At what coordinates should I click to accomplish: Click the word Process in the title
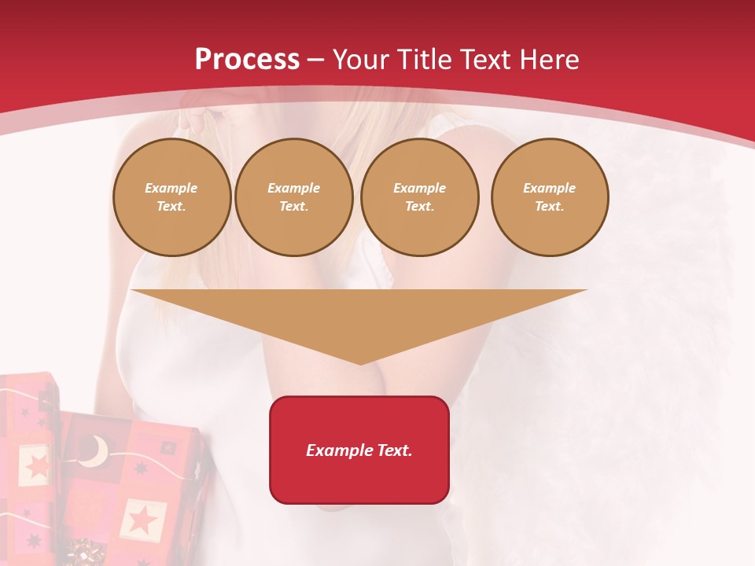pyautogui.click(x=247, y=59)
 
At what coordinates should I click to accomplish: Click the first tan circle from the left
pyautogui.click(x=171, y=197)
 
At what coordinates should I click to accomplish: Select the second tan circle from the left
pyautogui.click(x=294, y=197)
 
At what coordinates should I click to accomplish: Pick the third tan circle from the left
pyautogui.click(x=419, y=197)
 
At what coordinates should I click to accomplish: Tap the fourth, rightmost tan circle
pyautogui.click(x=550, y=197)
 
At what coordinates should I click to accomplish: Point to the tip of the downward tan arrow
pyautogui.click(x=360, y=362)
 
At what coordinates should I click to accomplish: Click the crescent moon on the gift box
pyautogui.click(x=96, y=450)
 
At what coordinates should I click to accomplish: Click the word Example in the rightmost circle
pyautogui.click(x=550, y=188)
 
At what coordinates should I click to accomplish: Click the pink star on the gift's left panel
pyautogui.click(x=37, y=465)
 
